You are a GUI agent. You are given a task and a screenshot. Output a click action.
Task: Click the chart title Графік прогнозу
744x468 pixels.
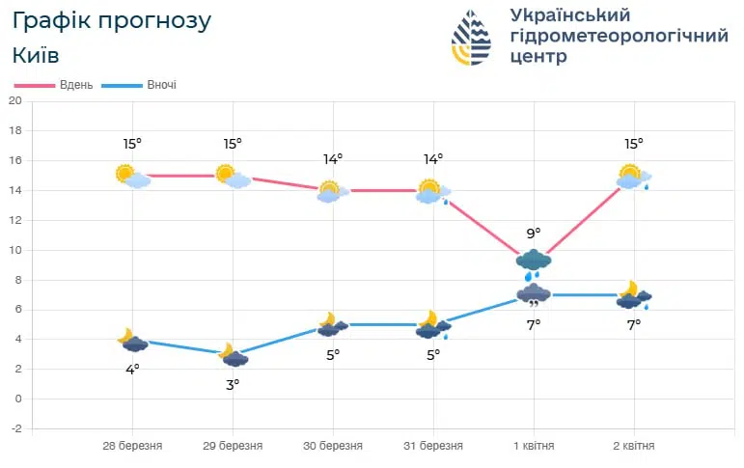111,21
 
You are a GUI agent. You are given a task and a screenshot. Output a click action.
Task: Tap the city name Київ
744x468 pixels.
37,55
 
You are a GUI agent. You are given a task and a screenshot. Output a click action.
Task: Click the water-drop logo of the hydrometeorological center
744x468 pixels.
471,38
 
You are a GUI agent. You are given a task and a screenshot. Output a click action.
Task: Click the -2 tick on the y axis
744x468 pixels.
14,428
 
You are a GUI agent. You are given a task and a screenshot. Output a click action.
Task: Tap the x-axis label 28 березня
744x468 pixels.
132,446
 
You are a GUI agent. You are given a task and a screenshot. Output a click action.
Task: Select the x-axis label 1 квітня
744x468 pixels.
534,446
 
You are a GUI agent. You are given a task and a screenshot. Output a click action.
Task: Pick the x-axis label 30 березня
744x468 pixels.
333,446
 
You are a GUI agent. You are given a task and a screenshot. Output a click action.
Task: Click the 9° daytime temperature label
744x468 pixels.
534,233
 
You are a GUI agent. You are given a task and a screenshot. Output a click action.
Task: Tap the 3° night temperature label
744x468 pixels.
233,383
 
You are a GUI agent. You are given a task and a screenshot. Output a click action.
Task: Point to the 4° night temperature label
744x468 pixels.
132,369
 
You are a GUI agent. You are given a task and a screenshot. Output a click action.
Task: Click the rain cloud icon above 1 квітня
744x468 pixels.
534,262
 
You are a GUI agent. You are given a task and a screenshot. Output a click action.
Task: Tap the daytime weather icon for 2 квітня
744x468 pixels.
634,177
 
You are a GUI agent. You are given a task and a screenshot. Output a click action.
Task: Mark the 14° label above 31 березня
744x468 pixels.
433,158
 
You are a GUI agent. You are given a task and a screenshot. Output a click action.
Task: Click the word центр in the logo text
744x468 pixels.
540,57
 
